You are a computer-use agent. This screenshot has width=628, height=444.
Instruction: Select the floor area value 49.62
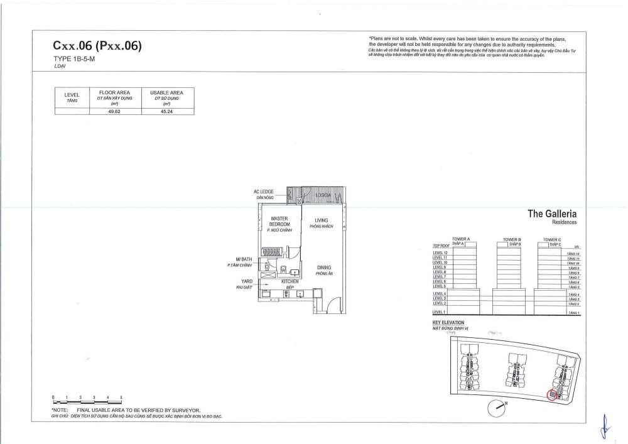pos(115,111)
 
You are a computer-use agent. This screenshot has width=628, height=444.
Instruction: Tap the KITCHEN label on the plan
pos(290,283)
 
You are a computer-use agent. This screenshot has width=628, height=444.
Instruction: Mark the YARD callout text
pos(247,284)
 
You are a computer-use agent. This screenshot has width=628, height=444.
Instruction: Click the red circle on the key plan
pos(552,395)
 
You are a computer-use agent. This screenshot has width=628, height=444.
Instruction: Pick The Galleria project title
pos(552,215)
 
